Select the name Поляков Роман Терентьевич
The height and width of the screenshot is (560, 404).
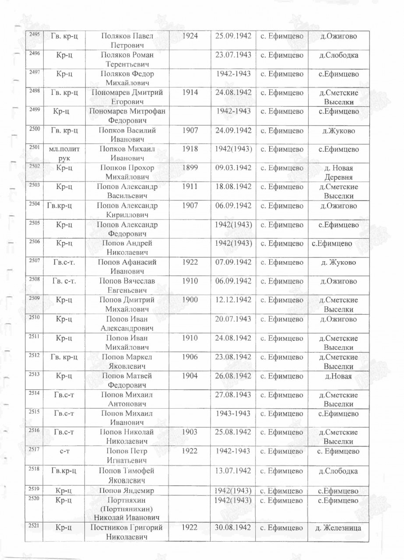[x=127, y=60]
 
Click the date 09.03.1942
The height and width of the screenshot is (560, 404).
[x=233, y=168]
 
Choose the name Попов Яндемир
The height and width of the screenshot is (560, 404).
[x=127, y=490]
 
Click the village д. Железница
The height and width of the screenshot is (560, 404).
[x=338, y=528]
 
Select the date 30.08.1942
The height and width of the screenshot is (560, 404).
[x=233, y=528]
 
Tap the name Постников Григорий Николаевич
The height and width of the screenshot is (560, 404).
[x=127, y=532]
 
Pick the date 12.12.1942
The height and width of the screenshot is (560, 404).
[x=233, y=300]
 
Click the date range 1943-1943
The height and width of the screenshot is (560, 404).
[x=233, y=413]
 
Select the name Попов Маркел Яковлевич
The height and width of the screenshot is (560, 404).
[x=127, y=361]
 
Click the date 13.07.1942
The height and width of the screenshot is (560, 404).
[x=233, y=471]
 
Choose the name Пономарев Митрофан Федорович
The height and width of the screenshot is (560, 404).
[x=127, y=116]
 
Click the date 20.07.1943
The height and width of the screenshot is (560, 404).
[x=233, y=319]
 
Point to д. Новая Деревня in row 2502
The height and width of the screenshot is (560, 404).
[x=338, y=172]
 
